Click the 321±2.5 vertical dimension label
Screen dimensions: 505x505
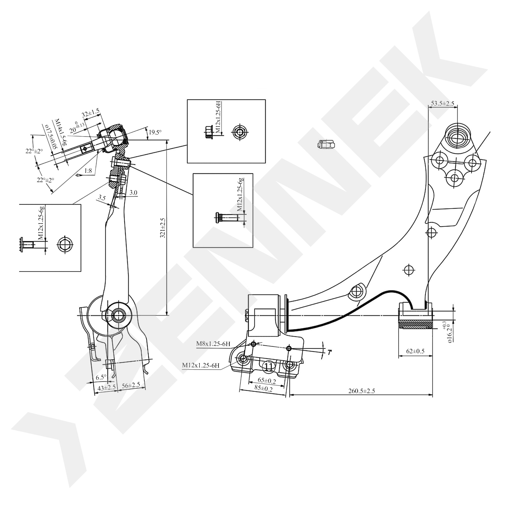tap(163, 228)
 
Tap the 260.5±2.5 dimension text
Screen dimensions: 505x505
tap(361, 391)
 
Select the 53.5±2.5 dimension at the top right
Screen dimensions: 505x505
tap(443, 103)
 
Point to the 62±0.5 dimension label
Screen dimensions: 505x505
tap(415, 351)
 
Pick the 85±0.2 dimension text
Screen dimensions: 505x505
tap(263, 389)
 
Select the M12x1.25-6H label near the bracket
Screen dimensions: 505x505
tap(201, 365)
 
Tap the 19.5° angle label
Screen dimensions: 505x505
tap(155, 132)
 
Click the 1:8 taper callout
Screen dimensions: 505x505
tap(88, 171)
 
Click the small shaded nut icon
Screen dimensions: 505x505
tap(326, 144)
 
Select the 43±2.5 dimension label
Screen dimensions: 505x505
tap(106, 388)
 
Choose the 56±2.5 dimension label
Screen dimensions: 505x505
tap(131, 385)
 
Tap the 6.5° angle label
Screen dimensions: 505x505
tap(101, 377)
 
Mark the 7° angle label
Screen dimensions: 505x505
tap(330, 352)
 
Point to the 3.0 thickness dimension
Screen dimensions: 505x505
tap(133, 193)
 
